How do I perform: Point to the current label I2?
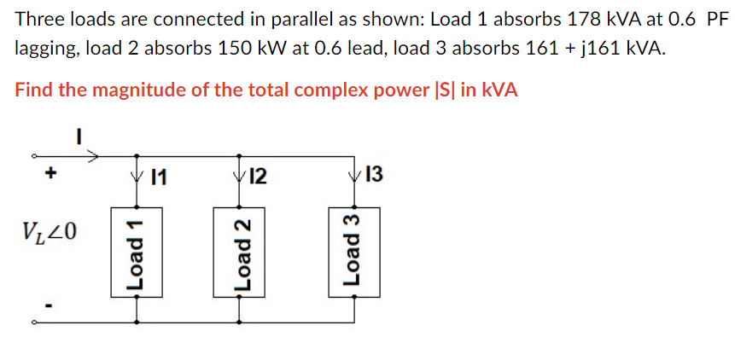pyautogui.click(x=257, y=178)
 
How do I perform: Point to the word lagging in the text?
pyautogui.click(x=45, y=49)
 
